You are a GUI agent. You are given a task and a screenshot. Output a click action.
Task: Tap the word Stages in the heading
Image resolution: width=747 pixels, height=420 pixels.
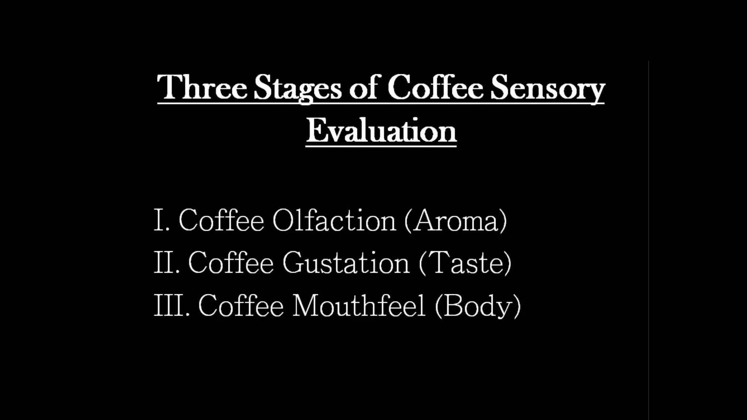[297, 88]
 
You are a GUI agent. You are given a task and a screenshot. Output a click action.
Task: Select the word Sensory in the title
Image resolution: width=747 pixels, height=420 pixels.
[547, 88]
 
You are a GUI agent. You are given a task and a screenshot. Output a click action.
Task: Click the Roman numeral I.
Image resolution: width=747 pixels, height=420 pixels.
[159, 220]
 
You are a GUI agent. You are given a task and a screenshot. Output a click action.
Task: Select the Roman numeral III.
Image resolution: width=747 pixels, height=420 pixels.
[170, 305]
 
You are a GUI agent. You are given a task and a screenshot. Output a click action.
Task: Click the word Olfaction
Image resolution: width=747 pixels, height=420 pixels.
[334, 220]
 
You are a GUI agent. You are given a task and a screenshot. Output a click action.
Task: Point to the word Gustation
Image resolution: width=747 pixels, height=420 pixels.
[346, 262]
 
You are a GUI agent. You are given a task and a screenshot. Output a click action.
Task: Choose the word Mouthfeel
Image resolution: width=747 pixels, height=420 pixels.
[359, 305]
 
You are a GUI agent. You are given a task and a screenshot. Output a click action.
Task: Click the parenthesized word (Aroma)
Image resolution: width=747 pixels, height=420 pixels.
[456, 220]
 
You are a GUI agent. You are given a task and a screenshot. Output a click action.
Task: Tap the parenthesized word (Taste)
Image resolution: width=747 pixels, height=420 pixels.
[465, 262]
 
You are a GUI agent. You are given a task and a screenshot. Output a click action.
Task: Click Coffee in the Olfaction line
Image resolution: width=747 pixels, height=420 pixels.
[221, 220]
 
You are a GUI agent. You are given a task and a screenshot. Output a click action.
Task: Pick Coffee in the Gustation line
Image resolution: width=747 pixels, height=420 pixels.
[231, 262]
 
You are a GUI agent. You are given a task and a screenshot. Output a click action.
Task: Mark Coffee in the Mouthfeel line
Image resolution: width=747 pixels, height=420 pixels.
[241, 305]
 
